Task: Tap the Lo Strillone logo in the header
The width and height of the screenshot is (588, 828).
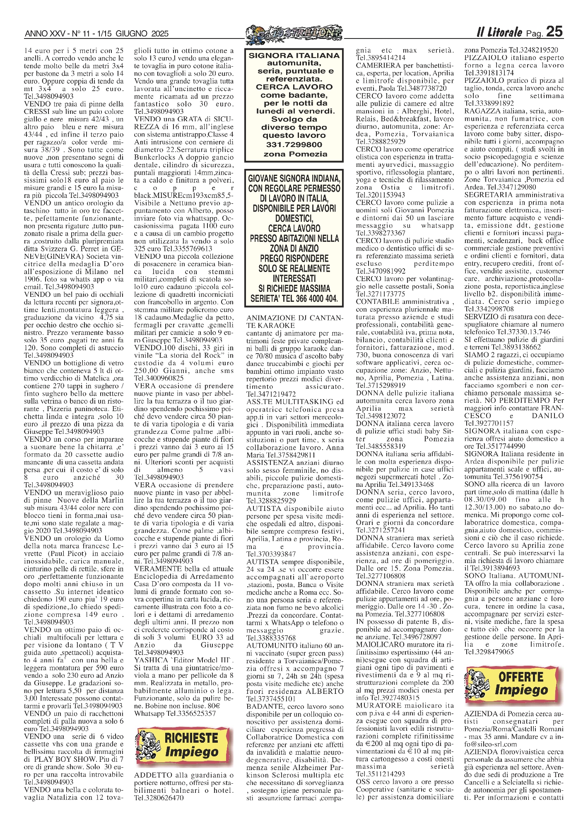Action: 294,32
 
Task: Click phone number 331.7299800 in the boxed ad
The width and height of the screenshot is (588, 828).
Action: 294,145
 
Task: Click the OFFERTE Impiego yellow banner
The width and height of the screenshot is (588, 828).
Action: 514,684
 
